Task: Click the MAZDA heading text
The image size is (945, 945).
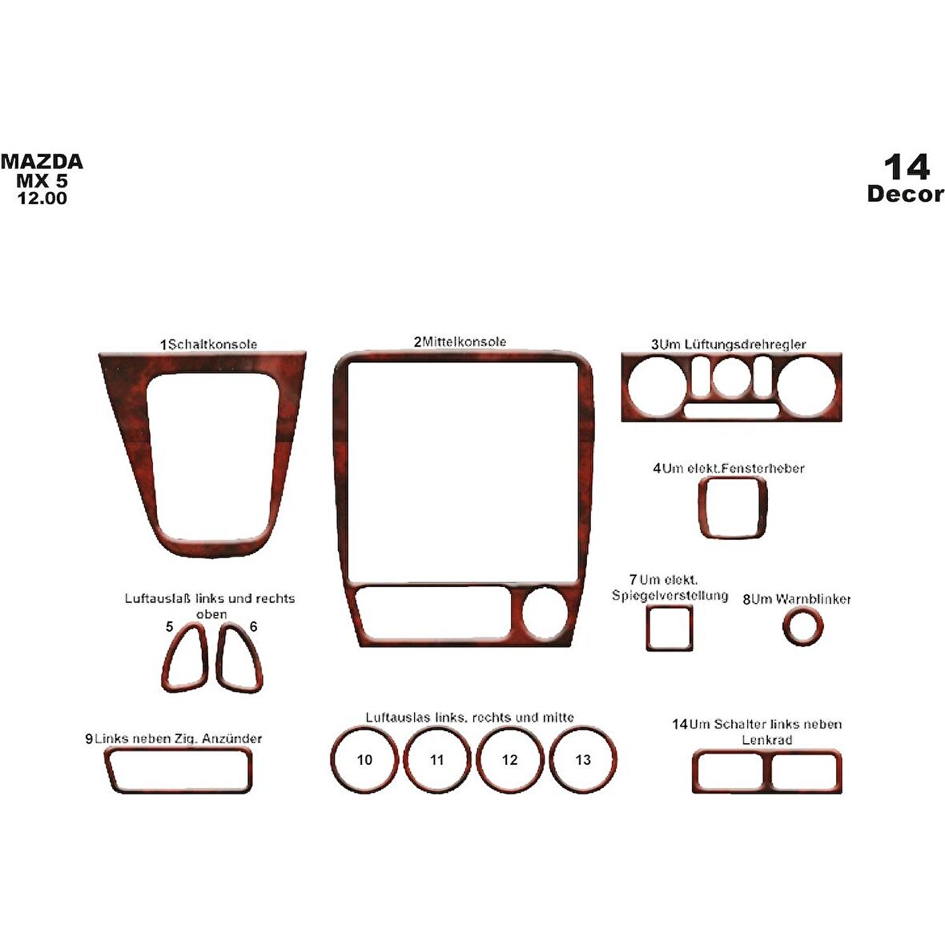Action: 42,162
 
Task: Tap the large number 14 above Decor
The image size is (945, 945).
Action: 907,167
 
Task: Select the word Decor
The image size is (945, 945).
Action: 905,194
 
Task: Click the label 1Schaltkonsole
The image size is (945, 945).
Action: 209,344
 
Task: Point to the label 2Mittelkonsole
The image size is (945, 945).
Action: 460,342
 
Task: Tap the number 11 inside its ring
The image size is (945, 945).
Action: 436,759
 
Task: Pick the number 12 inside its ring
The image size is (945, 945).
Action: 510,759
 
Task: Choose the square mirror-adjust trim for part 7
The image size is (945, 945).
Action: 670,628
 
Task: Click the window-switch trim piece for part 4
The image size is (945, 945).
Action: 732,508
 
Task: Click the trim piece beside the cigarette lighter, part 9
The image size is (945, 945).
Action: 178,770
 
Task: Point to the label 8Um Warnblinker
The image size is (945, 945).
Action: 797,599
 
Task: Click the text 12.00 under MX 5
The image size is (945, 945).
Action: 42,198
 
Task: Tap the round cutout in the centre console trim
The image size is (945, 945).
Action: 545,615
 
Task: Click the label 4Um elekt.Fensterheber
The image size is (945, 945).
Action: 728,468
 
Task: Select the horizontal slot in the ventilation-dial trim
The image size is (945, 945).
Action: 730,411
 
